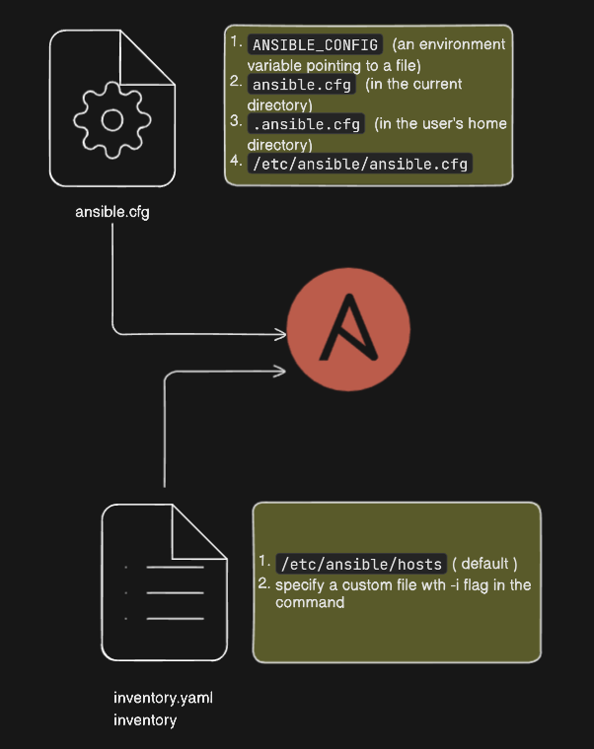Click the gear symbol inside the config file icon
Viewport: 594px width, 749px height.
click(x=112, y=119)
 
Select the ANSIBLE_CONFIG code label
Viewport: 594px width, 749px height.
click(x=316, y=44)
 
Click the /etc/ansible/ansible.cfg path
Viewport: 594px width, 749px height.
click(x=360, y=163)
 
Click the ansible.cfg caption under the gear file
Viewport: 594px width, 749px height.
click(x=112, y=211)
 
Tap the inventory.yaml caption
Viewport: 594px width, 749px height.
click(x=163, y=699)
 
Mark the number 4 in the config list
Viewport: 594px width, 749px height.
click(x=235, y=160)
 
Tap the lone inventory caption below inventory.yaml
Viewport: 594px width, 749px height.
click(x=145, y=720)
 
